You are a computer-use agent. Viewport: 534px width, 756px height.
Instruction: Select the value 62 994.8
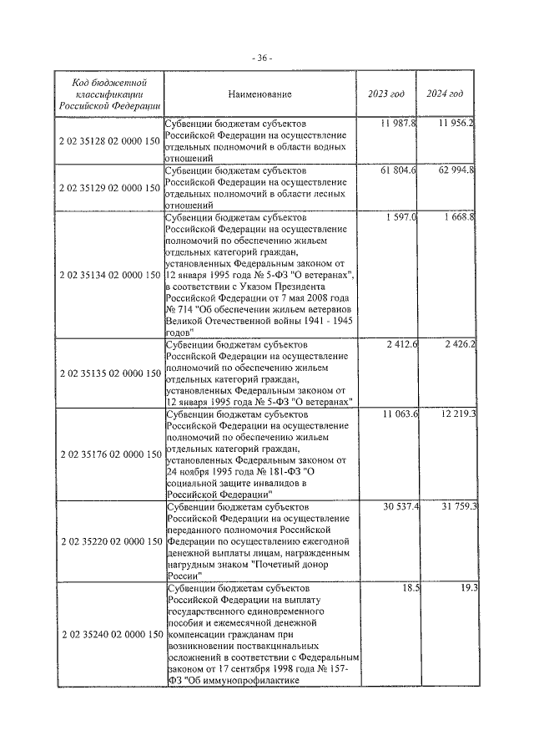(456, 170)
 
